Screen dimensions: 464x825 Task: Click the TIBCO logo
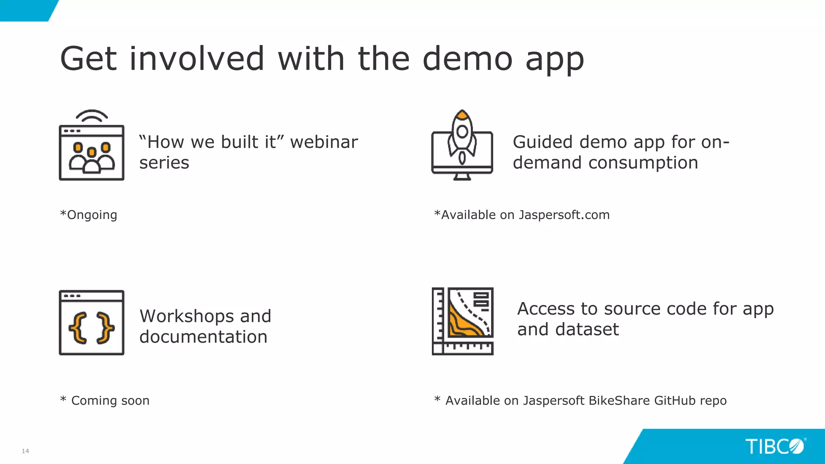coord(774,446)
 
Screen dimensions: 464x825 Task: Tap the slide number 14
coord(25,451)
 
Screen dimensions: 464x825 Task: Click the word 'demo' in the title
coord(467,59)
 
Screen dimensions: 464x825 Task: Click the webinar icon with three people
coord(91,153)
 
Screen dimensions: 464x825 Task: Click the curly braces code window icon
coord(91,323)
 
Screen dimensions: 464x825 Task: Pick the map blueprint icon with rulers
coord(462,321)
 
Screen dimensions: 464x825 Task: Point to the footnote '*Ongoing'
coord(89,215)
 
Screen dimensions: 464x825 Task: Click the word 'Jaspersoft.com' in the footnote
coord(564,215)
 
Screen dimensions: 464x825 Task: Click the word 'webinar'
coord(324,142)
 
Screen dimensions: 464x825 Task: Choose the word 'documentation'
coord(203,337)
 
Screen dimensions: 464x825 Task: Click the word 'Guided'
coord(543,142)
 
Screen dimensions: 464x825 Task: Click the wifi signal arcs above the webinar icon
coord(92,116)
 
